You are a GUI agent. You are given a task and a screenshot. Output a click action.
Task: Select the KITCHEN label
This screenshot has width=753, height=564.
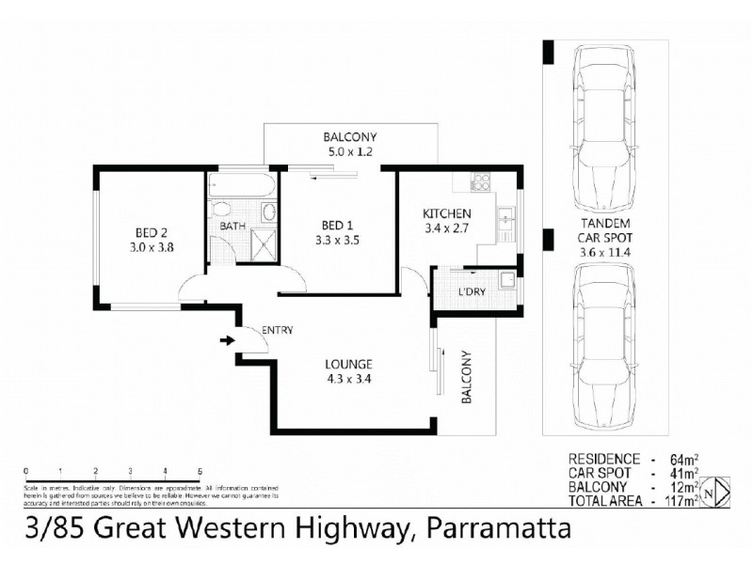(x=445, y=213)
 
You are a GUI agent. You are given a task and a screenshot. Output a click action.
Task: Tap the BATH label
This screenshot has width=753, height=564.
(x=232, y=227)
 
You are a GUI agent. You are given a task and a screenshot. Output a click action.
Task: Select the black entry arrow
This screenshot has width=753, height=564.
(x=226, y=340)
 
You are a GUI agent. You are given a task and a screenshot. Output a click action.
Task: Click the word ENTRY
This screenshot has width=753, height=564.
(x=278, y=330)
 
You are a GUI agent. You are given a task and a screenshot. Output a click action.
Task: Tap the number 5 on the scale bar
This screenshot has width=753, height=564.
(x=199, y=471)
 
